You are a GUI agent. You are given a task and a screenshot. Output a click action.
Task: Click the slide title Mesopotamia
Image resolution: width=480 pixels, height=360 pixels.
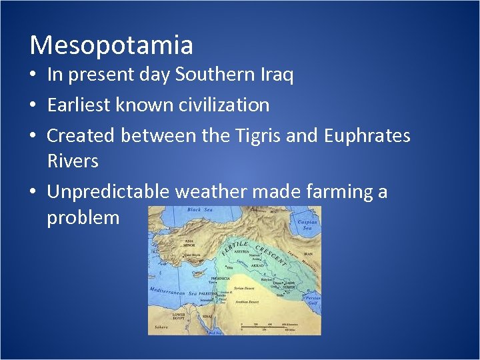tap(111, 45)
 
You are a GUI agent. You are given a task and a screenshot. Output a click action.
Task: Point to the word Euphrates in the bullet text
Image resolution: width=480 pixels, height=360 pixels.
tap(367, 135)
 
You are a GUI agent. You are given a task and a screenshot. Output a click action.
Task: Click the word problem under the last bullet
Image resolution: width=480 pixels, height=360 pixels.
tap(83, 218)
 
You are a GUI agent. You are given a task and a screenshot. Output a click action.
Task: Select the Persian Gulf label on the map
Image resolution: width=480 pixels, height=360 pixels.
tap(312, 299)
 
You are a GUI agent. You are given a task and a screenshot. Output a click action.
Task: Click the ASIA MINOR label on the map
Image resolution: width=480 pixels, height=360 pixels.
tap(191, 243)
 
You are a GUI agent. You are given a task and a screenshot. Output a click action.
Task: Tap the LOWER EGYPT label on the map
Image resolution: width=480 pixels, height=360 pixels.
tap(179, 316)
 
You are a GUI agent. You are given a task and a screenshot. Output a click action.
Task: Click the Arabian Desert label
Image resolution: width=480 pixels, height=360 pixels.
tap(252, 302)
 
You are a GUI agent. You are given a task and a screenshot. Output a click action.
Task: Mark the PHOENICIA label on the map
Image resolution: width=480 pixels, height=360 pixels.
tap(220, 278)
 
